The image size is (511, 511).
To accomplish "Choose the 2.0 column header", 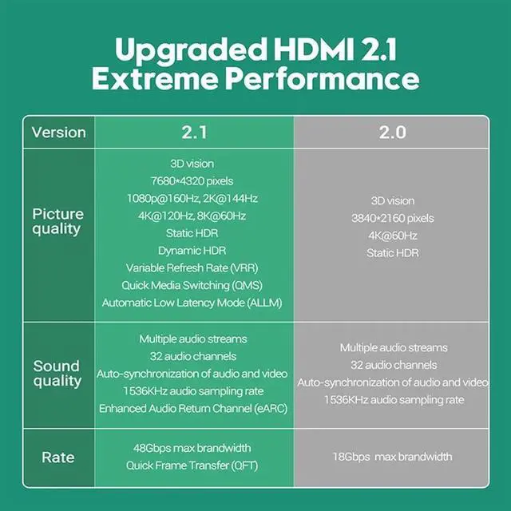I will (392, 133).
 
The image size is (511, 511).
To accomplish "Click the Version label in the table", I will (58, 133).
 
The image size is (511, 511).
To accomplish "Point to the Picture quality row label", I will (57, 221).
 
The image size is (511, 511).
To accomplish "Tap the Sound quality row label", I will (57, 374).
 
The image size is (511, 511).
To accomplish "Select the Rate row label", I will (57, 458).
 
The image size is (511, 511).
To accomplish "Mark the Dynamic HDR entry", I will (192, 251).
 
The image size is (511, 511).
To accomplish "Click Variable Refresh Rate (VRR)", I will (192, 268).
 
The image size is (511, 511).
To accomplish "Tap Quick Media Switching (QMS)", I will (192, 285).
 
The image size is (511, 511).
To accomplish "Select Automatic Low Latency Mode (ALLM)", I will (192, 303).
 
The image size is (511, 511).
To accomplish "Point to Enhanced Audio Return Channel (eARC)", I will (192, 408).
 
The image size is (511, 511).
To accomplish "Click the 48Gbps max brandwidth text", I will (192, 448).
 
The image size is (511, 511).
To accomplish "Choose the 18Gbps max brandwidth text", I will (393, 457).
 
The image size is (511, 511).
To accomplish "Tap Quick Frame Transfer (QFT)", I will (192, 465).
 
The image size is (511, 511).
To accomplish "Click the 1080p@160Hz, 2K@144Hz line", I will (192, 198).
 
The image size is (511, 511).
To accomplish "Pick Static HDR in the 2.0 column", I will (393, 253).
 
